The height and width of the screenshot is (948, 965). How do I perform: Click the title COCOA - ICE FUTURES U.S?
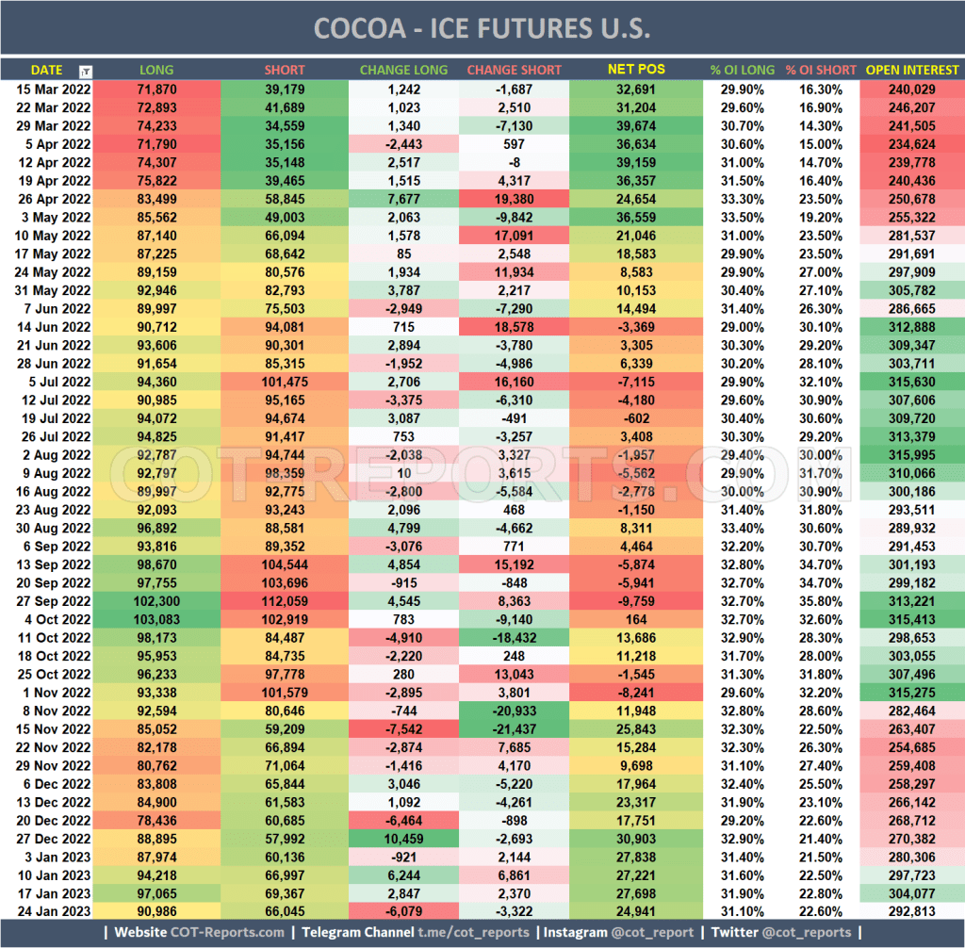click(x=482, y=27)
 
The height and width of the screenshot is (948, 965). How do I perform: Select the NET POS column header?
click(x=636, y=70)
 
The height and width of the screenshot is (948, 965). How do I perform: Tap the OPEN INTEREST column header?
click(x=911, y=70)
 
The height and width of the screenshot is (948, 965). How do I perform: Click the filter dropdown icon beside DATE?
click(x=86, y=71)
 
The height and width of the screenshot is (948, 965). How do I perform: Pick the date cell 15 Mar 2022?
click(x=53, y=89)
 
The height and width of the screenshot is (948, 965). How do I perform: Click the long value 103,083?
click(x=156, y=618)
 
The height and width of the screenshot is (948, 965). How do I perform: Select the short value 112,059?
click(x=284, y=600)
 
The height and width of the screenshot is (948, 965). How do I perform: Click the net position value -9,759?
click(x=636, y=600)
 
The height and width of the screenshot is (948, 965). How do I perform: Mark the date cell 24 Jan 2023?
click(x=53, y=910)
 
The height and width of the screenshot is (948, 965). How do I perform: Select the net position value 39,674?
click(x=636, y=124)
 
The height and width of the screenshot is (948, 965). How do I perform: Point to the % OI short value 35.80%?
click(x=820, y=600)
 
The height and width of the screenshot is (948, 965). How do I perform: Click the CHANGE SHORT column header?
click(x=514, y=70)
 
